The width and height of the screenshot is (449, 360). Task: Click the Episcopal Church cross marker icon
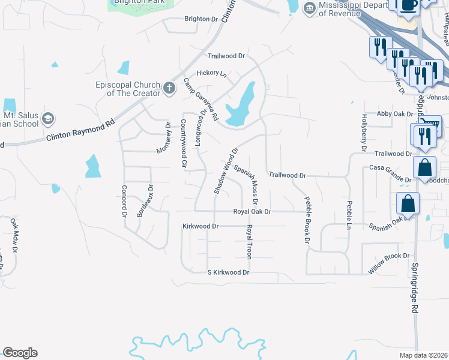click(x=169, y=89)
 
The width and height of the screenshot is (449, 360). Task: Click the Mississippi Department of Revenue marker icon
click(x=310, y=7)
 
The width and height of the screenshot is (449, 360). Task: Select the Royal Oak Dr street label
click(x=252, y=212)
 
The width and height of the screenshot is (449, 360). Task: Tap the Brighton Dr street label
click(x=201, y=19)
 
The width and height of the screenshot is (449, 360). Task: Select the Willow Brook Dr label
click(x=388, y=263)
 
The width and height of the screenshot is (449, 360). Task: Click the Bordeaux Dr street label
click(x=145, y=202)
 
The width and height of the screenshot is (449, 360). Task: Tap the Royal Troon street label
click(x=249, y=242)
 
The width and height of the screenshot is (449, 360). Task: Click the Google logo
click(x=20, y=353)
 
